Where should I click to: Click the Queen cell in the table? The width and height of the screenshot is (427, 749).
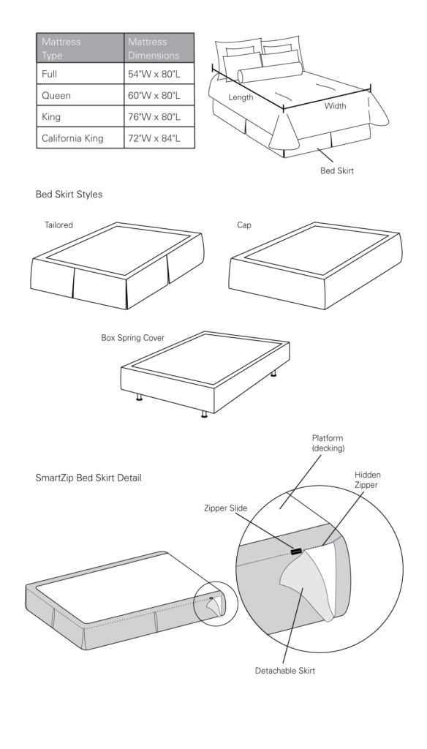click(80, 95)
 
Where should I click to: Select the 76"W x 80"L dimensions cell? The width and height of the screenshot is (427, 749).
click(159, 116)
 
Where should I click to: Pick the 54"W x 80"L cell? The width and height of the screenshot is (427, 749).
click(159, 74)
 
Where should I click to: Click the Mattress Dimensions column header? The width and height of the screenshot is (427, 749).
click(159, 48)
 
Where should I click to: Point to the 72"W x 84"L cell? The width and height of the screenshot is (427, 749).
click(159, 138)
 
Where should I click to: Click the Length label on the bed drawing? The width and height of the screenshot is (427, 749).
click(241, 97)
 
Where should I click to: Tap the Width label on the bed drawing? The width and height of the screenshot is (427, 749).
click(336, 105)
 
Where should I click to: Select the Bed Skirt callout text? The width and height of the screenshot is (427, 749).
click(337, 170)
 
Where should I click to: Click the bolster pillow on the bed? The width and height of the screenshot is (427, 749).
click(271, 72)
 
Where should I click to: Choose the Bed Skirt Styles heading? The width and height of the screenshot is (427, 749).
click(69, 195)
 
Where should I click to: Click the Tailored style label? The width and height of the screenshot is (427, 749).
click(58, 225)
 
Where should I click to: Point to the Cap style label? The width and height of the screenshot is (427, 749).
click(244, 225)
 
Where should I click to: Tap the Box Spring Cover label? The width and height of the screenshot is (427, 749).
click(133, 338)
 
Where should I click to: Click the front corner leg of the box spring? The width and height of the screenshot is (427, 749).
click(205, 414)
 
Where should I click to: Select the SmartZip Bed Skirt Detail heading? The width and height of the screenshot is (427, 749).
click(88, 478)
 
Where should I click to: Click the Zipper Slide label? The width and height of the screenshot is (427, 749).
click(225, 508)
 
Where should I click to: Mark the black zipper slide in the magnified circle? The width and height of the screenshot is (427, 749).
click(296, 552)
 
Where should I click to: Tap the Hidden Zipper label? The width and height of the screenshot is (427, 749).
click(367, 480)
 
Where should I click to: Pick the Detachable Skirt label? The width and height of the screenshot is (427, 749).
click(284, 671)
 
